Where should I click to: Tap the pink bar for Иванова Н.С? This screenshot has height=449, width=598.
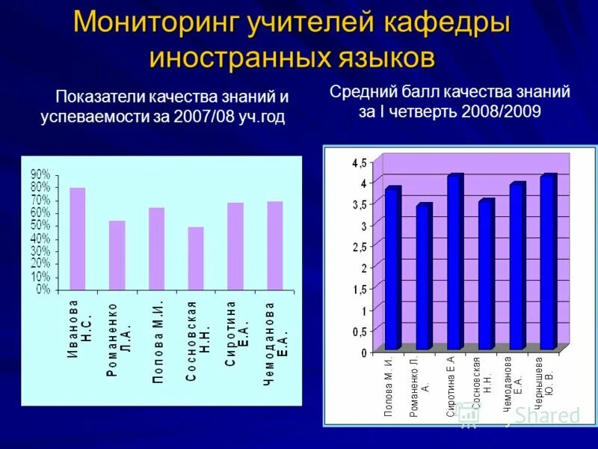pos(78,238)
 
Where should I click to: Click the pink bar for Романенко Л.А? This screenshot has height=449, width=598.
pos(117,254)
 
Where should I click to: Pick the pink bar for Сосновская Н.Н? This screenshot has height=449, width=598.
pos(196,258)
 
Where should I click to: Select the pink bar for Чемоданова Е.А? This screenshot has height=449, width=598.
pos(275,245)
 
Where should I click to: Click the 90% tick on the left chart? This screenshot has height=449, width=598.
pos(40,174)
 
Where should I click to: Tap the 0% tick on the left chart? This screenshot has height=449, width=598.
pos(43,289)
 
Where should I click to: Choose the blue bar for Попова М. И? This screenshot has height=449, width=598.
pos(392,269)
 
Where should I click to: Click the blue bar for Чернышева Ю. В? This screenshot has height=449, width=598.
pos(547,263)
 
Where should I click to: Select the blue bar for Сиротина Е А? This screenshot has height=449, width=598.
pos(454,263)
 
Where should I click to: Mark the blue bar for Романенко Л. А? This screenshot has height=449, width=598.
pos(423,278)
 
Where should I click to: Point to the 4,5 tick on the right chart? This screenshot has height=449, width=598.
pos(359,162)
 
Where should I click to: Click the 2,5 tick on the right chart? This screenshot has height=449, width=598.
pos(359,247)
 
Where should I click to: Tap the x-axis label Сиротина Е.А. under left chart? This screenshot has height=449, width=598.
pos(237,334)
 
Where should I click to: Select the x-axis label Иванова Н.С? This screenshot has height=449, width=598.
pos(78,329)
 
